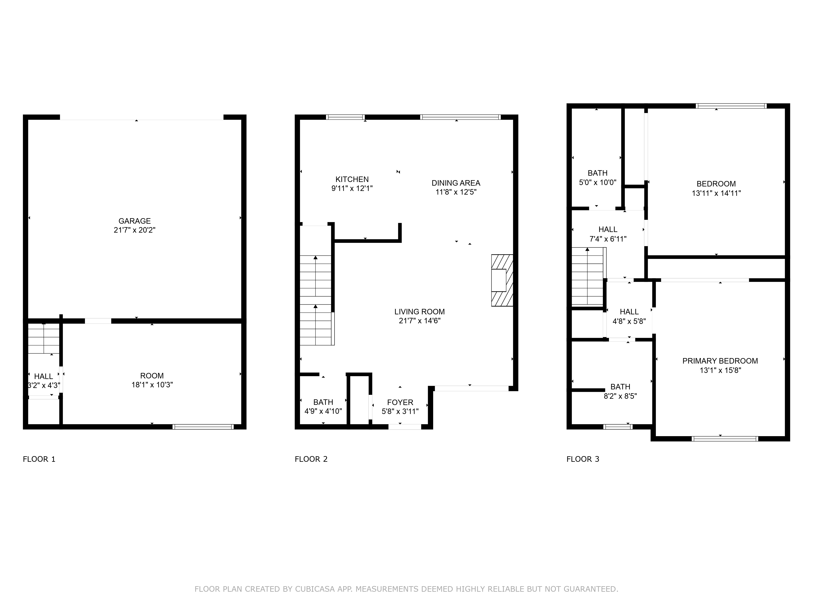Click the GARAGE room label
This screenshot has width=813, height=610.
[x=135, y=221]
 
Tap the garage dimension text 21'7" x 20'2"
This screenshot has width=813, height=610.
[x=135, y=230]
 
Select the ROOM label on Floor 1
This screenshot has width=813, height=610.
[x=152, y=376]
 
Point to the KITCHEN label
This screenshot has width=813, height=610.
[x=352, y=179]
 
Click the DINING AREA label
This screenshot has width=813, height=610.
[x=456, y=183]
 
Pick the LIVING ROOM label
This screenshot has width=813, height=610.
[x=419, y=312]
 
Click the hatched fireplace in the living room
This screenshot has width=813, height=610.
[x=502, y=281]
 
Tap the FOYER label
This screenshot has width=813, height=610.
[x=400, y=403]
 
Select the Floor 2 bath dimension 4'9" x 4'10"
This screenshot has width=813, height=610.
[x=323, y=412]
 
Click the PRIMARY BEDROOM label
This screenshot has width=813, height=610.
[x=720, y=361]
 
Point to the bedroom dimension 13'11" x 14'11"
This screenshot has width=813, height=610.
[x=716, y=193]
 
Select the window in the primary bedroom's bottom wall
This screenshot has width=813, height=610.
[x=725, y=439]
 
